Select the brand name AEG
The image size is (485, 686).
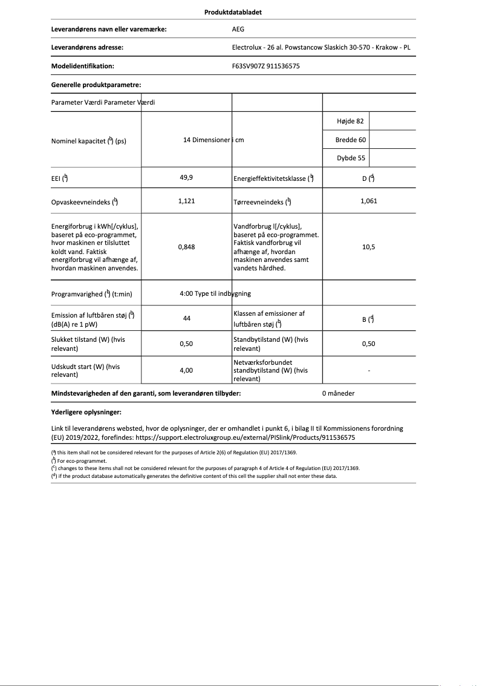click(x=239, y=28)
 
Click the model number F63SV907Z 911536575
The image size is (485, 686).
click(x=265, y=67)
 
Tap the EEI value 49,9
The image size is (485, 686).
click(x=186, y=178)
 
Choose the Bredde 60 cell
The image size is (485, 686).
click(x=351, y=140)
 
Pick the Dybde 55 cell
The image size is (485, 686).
click(x=351, y=158)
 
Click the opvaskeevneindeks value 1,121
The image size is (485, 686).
click(x=186, y=201)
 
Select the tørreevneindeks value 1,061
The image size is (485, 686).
click(x=368, y=201)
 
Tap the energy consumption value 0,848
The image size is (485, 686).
click(x=186, y=247)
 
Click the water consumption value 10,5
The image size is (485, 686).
click(x=368, y=247)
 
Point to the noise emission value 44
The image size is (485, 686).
click(x=186, y=318)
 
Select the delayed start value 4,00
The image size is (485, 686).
click(x=186, y=370)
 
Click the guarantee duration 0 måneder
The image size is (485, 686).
click(x=339, y=393)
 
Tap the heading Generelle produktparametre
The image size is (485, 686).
click(x=96, y=85)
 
